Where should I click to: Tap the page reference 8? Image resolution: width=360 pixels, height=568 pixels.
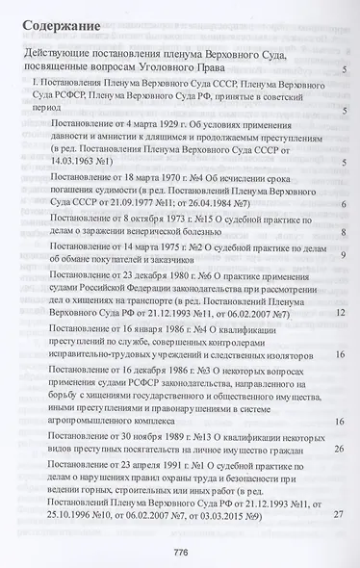pos(344,232)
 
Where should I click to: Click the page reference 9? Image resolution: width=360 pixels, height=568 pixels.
pos(344,253)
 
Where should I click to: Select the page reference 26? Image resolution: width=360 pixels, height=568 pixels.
pos(340,449)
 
